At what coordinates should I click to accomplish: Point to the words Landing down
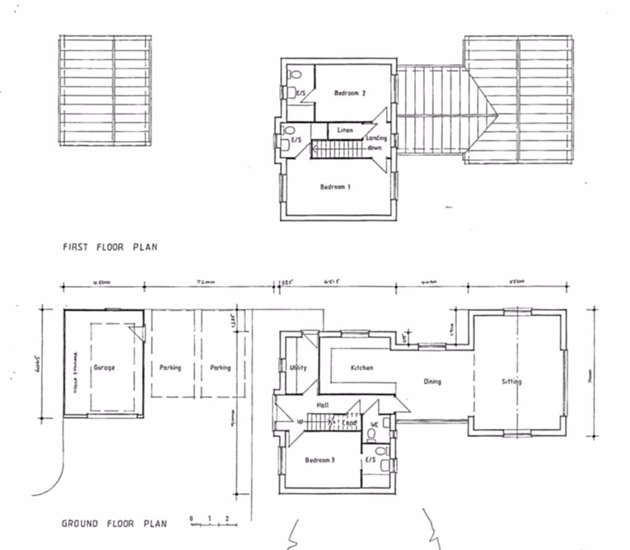[x=376, y=143]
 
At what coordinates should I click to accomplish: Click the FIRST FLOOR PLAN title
[x=110, y=247]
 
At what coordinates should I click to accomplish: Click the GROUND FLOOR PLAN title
[x=114, y=524]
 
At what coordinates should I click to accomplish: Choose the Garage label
[x=104, y=367]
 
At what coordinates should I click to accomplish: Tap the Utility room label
[x=298, y=367]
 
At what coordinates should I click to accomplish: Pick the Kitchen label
[x=362, y=367]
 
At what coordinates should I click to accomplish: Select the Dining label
[x=433, y=382]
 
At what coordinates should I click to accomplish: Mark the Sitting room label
[x=512, y=382]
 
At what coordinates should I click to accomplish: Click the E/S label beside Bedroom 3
[x=370, y=459]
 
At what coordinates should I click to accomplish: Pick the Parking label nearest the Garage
[x=170, y=368]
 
